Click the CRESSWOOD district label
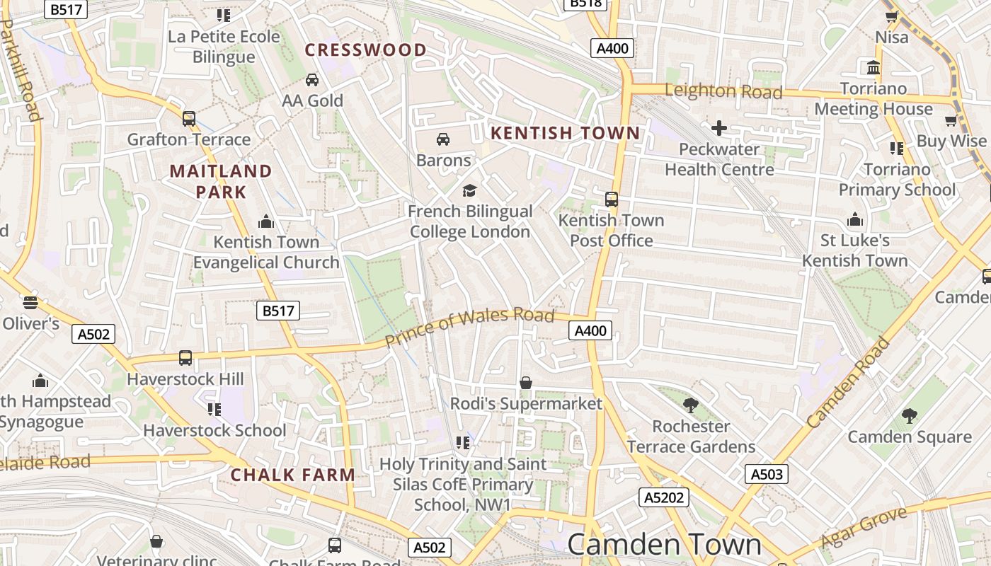point(365,50)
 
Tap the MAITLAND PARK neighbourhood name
point(221,181)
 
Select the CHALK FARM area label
point(292,475)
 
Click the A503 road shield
point(767,474)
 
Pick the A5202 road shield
point(663,497)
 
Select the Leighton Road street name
point(723,91)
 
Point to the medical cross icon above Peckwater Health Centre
point(718,128)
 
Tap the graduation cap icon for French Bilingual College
point(469,190)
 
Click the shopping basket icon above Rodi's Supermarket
point(526,383)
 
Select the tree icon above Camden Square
point(910,416)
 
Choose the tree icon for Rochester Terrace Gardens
point(691,405)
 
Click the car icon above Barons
point(443,139)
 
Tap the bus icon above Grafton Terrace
point(188,119)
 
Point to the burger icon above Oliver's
point(30,303)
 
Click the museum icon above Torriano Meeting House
point(873,68)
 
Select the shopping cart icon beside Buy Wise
point(951,120)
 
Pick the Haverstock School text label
point(214,430)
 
